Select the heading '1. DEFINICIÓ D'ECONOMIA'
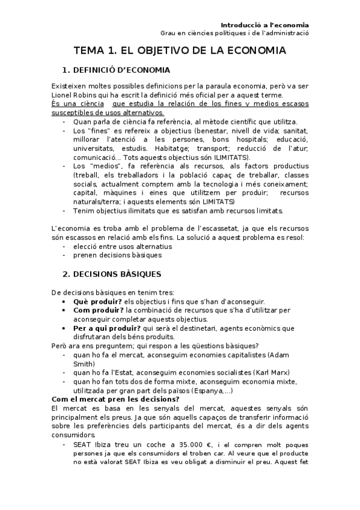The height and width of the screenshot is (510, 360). (x=117, y=70)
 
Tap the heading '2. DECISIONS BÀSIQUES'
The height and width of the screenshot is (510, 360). (x=111, y=274)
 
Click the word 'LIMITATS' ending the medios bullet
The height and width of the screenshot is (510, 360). (x=222, y=202)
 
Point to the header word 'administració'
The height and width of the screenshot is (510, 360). (x=285, y=34)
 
